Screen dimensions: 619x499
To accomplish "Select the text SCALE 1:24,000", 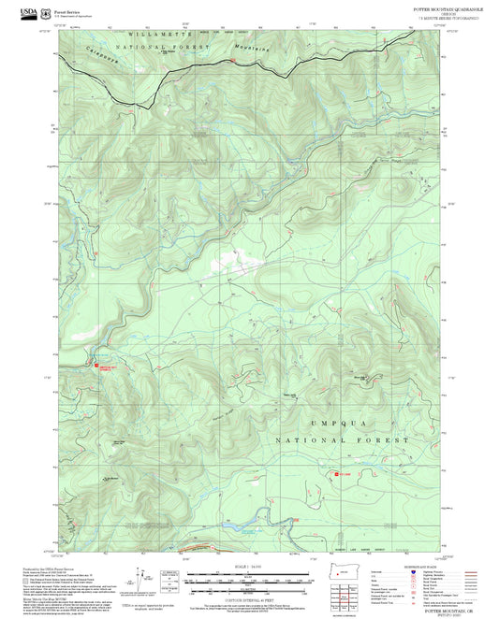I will point(248,564).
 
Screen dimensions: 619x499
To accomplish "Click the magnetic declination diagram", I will point(170,578).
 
